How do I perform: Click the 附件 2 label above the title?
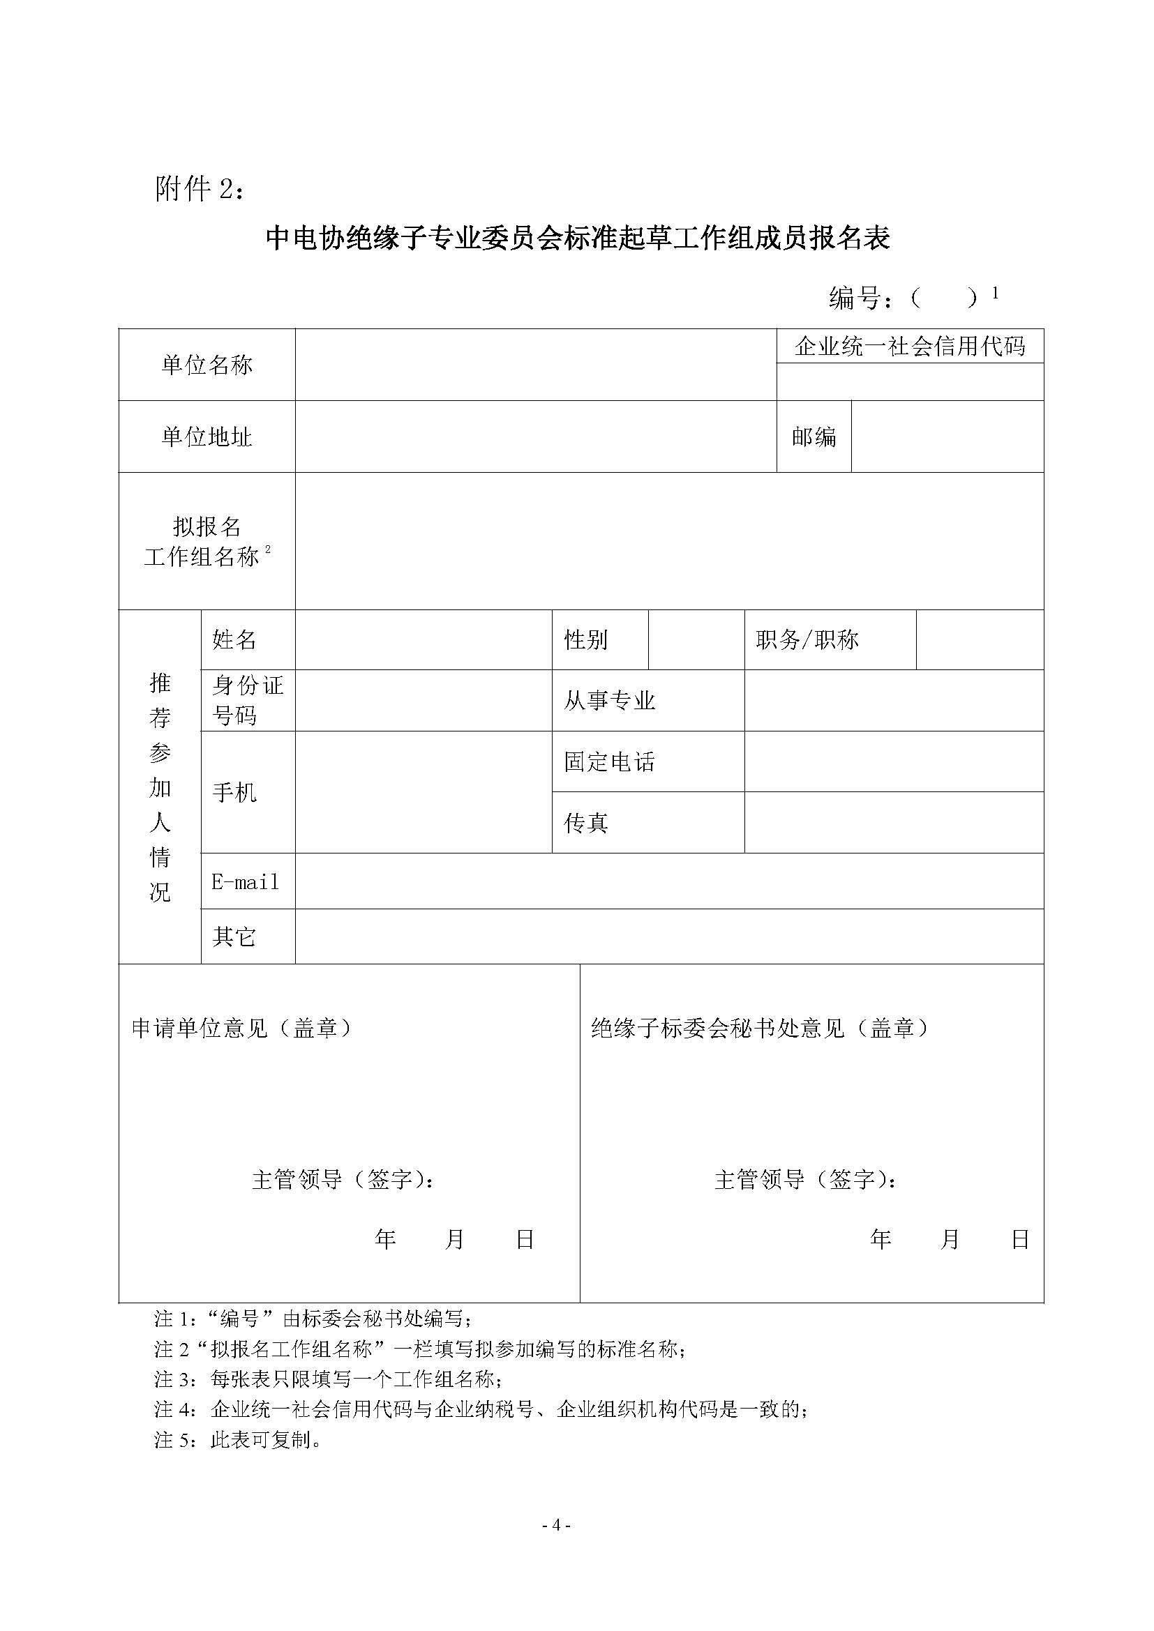click(200, 189)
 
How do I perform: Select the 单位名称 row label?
click(207, 365)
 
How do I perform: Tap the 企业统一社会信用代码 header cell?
click(910, 347)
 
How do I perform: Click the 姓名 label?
click(234, 640)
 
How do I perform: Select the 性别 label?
click(585, 640)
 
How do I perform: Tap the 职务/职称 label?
click(807, 640)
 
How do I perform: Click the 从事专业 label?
click(609, 701)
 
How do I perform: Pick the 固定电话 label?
click(609, 762)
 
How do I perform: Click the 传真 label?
click(585, 824)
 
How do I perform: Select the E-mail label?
click(245, 882)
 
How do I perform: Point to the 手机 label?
click(234, 793)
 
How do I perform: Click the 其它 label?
click(234, 937)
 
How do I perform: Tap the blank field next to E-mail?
click(668, 881)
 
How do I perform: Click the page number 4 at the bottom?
click(557, 1525)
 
